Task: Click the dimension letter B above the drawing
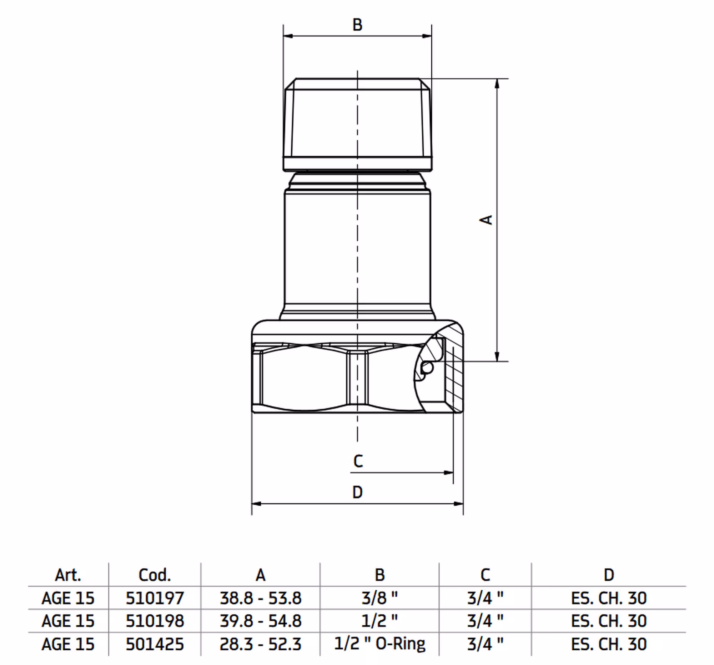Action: pos(357,25)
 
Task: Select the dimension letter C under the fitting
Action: pos(358,461)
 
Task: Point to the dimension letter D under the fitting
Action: pos(357,492)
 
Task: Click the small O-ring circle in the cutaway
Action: pos(427,367)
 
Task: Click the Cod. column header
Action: pos(155,575)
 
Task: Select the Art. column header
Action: pos(68,575)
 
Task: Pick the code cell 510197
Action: pos(155,598)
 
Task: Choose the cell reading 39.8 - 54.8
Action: pos(260,621)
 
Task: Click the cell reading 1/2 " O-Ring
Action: pos(379,644)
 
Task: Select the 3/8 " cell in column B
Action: pos(379,598)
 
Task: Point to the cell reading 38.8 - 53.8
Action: pos(260,598)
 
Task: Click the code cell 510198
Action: pos(155,621)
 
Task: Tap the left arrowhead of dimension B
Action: pos(288,36)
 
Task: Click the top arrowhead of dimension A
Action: pos(497,83)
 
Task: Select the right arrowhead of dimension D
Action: pos(459,504)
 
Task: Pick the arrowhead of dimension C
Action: pos(449,473)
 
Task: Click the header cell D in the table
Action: pos(609,575)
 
